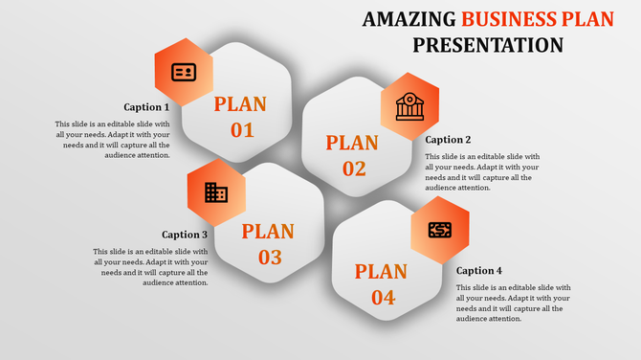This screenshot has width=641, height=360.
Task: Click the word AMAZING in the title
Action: (409, 19)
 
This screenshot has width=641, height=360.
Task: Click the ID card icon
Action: (184, 72)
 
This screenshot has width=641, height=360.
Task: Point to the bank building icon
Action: (409, 106)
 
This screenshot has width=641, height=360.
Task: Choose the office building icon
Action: (216, 193)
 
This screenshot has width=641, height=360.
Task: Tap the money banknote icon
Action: (440, 230)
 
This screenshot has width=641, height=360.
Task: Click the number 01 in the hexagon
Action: (241, 130)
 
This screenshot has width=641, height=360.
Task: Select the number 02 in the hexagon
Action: (353, 169)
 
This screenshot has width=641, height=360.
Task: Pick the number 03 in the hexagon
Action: (269, 257)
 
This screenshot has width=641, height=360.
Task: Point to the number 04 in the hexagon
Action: (382, 298)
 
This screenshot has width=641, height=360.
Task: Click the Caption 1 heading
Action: (146, 107)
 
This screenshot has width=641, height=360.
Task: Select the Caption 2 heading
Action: (449, 140)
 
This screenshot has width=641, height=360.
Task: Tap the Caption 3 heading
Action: (185, 235)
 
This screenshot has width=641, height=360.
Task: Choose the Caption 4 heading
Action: (479, 271)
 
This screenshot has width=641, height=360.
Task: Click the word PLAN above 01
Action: (240, 104)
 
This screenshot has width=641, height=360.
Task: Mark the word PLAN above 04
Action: (382, 272)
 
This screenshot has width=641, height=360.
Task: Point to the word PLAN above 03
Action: (268, 231)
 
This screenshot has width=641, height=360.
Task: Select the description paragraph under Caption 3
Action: (150, 267)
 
